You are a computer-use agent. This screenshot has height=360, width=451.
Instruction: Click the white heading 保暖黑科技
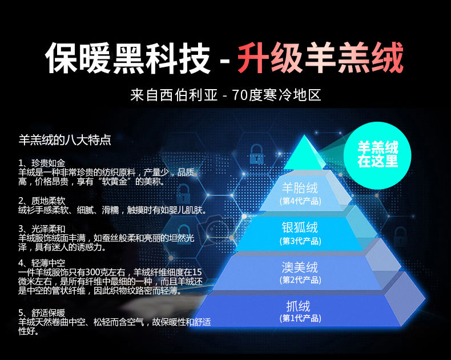(128, 58)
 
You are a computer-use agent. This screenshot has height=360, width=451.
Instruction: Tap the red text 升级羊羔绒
(320, 58)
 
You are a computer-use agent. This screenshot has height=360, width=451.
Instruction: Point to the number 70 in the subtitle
(239, 95)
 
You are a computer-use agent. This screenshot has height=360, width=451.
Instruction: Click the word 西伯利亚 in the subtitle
(189, 95)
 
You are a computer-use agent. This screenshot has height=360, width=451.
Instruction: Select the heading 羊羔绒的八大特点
(65, 140)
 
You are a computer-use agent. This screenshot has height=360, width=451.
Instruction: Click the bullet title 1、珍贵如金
(42, 163)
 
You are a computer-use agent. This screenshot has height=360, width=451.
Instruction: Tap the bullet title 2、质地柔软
(42, 201)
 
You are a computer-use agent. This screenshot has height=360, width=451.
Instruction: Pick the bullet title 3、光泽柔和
(42, 229)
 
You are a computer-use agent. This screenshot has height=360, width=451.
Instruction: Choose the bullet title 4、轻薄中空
(42, 263)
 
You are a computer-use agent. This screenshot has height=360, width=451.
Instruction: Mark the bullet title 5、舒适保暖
(42, 313)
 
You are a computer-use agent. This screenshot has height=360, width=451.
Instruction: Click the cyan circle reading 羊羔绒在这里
(377, 155)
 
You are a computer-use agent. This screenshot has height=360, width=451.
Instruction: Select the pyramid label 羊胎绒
(300, 189)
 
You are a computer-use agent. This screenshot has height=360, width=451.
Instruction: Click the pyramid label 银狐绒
(300, 227)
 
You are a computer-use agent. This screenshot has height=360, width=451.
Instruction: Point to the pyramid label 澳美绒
(300, 267)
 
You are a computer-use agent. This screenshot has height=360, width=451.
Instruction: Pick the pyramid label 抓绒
(299, 306)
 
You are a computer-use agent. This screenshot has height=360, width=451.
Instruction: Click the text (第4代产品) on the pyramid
(300, 201)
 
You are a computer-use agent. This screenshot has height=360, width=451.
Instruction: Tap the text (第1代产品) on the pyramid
(300, 318)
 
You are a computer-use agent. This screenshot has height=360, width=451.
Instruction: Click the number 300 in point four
(93, 272)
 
